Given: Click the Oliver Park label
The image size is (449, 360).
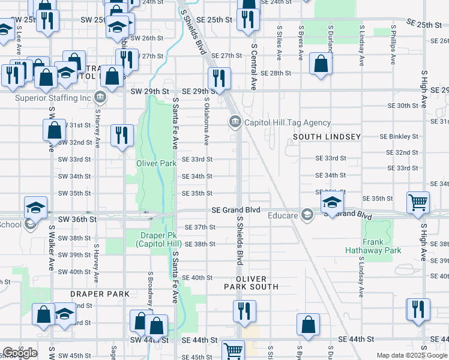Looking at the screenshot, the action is [x=156, y=163].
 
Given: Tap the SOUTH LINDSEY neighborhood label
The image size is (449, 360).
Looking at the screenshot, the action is [x=327, y=137].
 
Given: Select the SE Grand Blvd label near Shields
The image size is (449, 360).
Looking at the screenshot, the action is [x=236, y=210].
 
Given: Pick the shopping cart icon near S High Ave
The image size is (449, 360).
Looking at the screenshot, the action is [x=418, y=202].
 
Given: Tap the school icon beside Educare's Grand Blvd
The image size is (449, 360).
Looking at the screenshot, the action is [x=331, y=203].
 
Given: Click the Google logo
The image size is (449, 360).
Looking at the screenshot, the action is [x=19, y=353].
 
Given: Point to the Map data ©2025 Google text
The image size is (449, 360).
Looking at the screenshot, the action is [x=412, y=355].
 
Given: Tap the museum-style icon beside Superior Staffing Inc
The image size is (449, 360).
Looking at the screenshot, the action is [x=100, y=97].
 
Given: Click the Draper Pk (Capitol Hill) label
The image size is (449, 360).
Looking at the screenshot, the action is [x=158, y=239].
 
